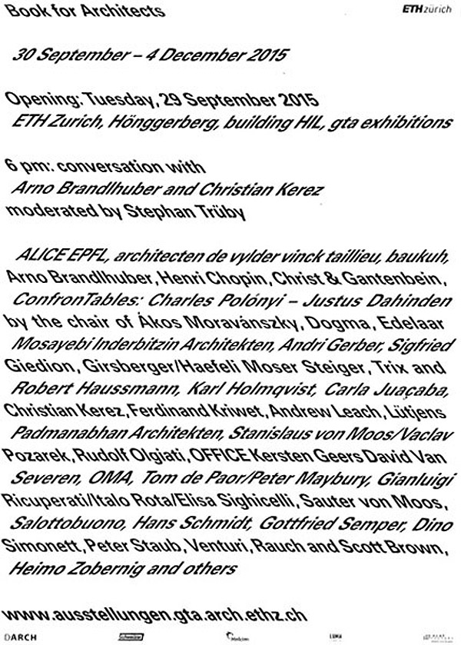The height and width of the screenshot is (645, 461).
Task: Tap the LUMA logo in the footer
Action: [335, 635]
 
